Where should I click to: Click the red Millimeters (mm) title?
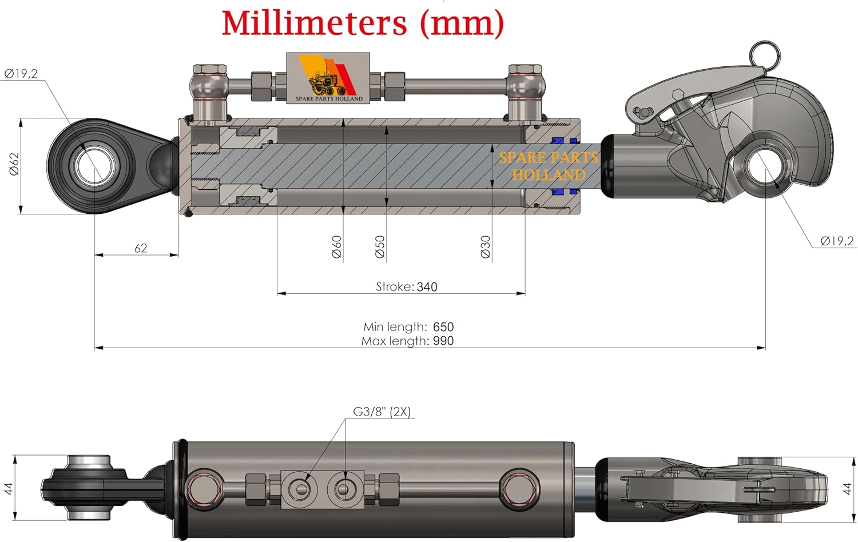click(363, 23)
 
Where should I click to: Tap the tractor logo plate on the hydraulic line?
click(328, 78)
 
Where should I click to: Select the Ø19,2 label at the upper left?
click(21, 73)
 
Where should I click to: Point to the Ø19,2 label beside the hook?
click(836, 241)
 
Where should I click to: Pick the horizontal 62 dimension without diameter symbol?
click(140, 248)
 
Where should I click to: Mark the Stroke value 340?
click(427, 287)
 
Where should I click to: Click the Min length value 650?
click(443, 327)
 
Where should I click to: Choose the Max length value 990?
click(443, 341)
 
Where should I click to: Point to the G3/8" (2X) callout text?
click(382, 412)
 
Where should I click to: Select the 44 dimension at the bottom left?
click(8, 489)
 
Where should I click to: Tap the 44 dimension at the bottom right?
click(847, 489)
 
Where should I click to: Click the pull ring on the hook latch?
click(764, 54)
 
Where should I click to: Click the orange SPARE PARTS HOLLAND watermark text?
click(549, 166)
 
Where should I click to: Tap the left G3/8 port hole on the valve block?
click(299, 488)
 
